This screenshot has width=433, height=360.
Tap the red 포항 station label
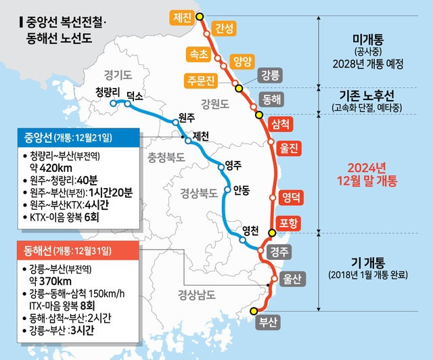click(288, 224)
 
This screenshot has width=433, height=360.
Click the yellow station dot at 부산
click(254, 311)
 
